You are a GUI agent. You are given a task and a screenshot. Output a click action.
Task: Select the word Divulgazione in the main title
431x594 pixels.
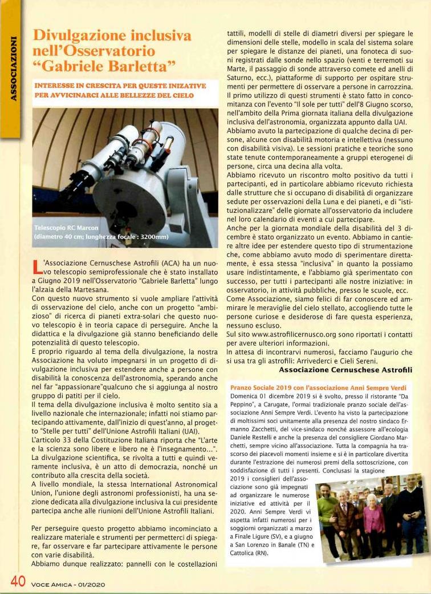[x=74, y=35]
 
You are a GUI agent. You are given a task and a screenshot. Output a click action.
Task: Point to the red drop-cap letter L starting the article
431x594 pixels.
[x=35, y=269]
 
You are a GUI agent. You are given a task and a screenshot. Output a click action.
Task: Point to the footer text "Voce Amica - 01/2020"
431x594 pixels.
[x=68, y=584]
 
